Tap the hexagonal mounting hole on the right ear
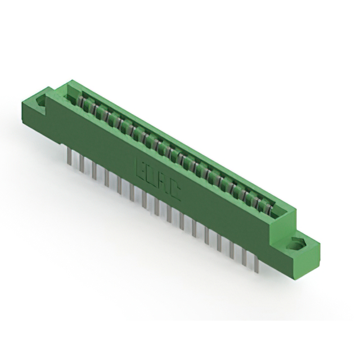pyautogui.click(x=296, y=245)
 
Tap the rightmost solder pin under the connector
pyautogui.click(x=257, y=259)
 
